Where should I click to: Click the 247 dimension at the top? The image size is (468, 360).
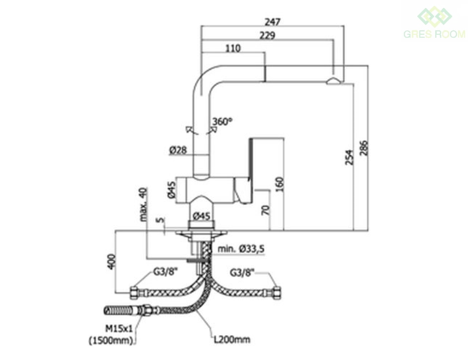[x=273, y=22]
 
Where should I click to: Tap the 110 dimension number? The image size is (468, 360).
[x=233, y=48]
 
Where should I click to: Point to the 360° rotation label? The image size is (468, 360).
[x=222, y=121]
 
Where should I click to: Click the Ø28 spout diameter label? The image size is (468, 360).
[x=177, y=150]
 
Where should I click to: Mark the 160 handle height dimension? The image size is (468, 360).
[x=280, y=184]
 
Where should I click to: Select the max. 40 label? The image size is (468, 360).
[x=144, y=204]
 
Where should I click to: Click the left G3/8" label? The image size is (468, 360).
[x=163, y=272]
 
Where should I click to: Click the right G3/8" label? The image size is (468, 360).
[x=242, y=272]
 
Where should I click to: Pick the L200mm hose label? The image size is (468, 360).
[x=232, y=340]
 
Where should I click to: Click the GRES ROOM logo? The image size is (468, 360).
[x=434, y=23]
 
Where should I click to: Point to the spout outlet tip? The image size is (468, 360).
[x=332, y=81]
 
